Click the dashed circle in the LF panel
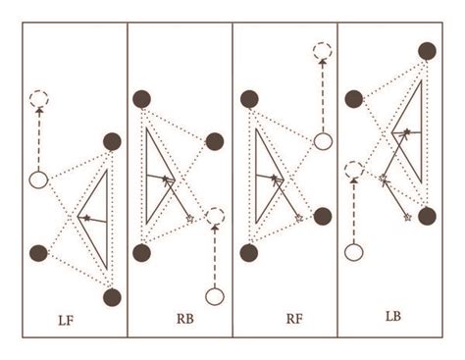39,99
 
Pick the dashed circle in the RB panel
215,218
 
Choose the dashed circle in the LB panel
355,170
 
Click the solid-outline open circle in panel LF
39,180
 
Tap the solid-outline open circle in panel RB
215,295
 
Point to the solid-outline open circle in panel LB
355,252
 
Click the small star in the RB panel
189,218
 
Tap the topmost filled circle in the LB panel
427,51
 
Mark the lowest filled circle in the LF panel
112,295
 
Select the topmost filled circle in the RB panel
142,98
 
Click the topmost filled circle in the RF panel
249,99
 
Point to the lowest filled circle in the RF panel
249,252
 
